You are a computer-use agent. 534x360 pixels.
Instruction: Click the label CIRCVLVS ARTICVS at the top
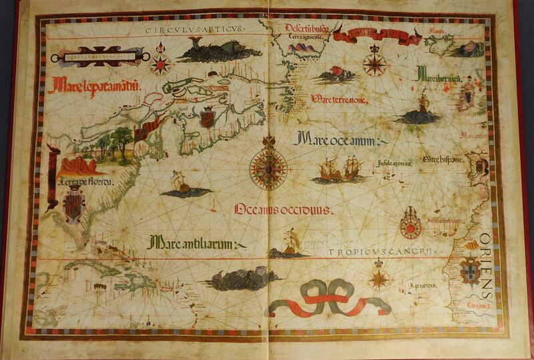pyautogui.click(x=194, y=29)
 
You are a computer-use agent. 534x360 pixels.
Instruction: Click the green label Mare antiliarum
pyautogui.click(x=194, y=244)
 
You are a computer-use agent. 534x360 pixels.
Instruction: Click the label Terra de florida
pyautogui.click(x=85, y=180)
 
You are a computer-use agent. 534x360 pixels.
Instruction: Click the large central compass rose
pyautogui.click(x=268, y=167)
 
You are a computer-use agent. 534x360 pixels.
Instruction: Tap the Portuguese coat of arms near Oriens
pyautogui.click(x=471, y=269)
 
